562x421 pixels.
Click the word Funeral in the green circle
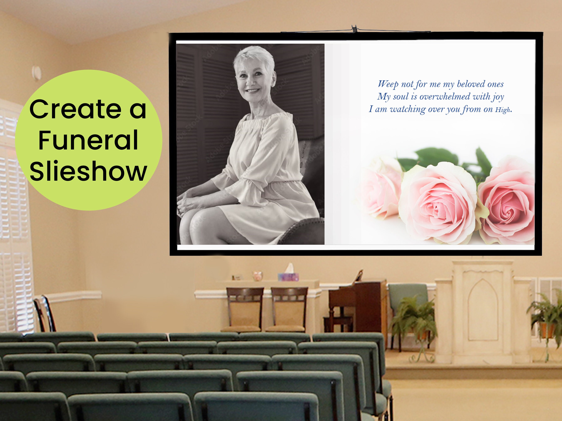88,140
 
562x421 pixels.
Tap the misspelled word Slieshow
88,171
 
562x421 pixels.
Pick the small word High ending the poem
503,110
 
